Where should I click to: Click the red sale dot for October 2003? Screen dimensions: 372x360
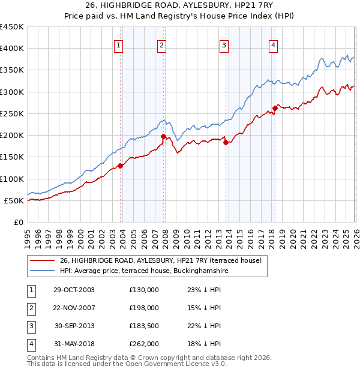121,166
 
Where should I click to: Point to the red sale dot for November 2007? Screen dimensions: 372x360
163,136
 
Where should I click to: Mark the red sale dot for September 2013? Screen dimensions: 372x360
226,142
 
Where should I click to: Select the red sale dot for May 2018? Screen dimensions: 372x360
275,109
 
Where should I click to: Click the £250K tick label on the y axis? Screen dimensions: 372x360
12,113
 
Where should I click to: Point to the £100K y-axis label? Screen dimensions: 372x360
12,179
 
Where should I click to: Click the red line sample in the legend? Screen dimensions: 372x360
43,261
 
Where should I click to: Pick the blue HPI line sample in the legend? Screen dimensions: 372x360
43,271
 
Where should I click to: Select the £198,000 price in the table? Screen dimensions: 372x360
143,308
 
